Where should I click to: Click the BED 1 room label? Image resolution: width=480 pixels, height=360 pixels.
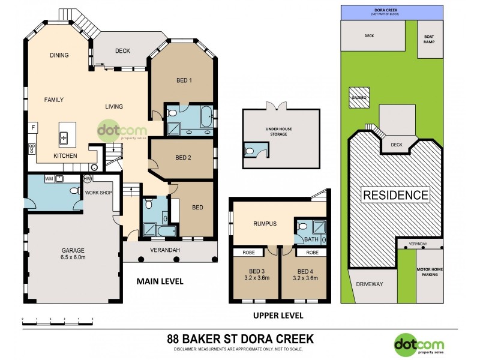(183, 81)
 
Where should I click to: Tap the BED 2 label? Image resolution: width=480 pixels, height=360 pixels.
(183, 158)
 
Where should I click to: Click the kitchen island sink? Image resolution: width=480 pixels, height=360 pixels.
(64, 138)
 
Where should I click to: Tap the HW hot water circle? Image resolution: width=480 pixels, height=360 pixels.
(88, 178)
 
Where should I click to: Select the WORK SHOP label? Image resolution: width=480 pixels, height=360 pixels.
(98, 193)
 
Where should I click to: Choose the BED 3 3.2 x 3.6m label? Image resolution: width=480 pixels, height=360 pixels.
(256, 275)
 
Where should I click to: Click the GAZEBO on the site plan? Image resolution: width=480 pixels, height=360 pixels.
(359, 98)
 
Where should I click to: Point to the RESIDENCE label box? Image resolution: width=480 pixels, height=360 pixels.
(395, 195)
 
